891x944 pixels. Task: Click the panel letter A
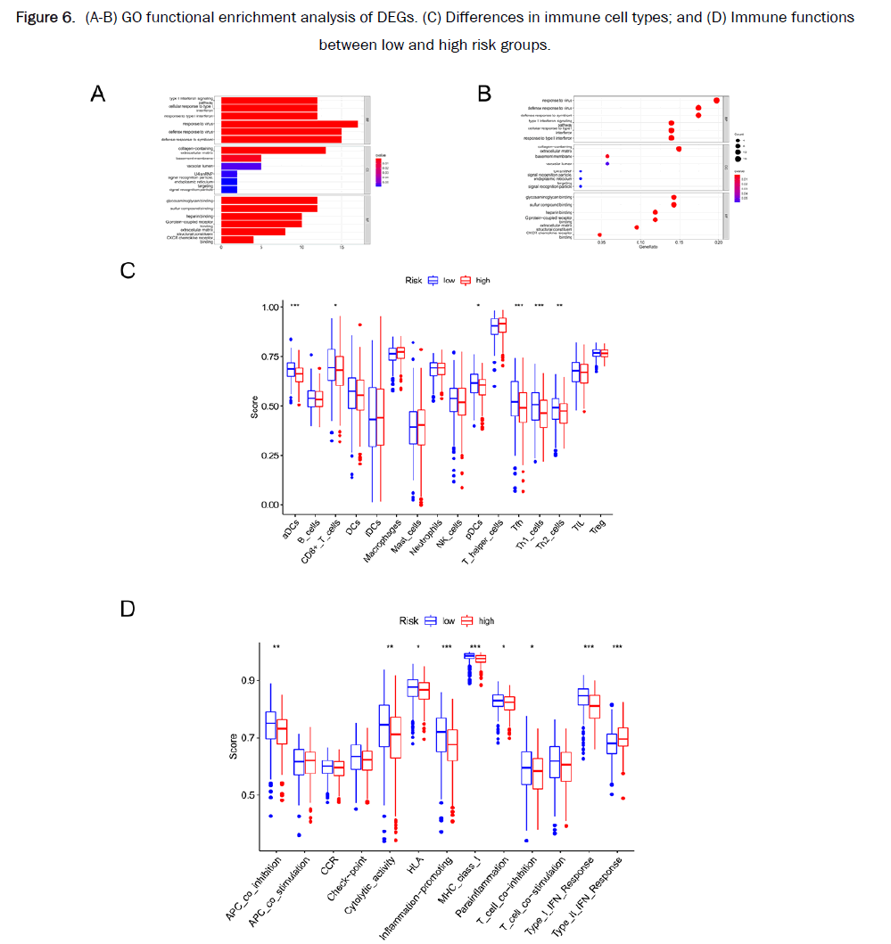coord(98,92)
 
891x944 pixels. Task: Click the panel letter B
coord(484,92)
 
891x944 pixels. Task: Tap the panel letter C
coord(128,268)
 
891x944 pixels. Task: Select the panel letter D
coord(128,608)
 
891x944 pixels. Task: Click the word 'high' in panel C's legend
coord(483,280)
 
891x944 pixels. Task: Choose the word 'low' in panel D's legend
coord(449,620)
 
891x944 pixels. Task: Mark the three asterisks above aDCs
coord(293,306)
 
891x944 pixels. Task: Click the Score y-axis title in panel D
coord(234,745)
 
